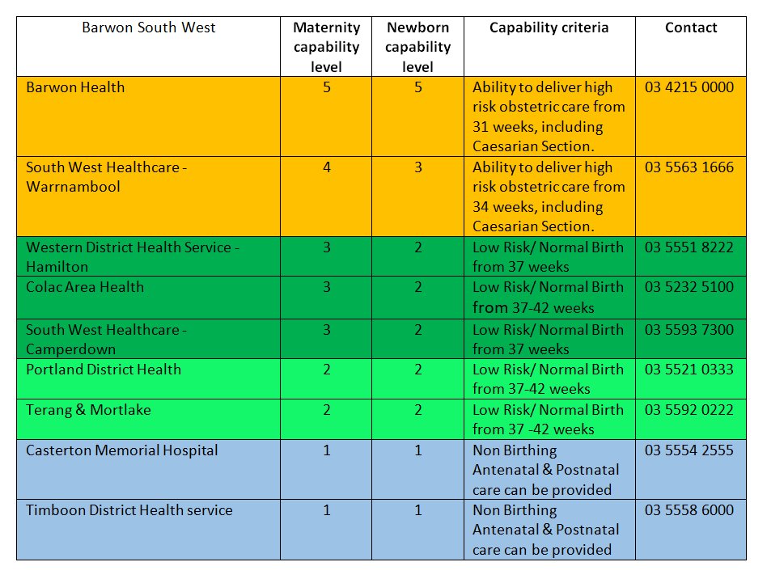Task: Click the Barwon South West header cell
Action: click(x=148, y=27)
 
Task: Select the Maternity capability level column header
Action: click(x=327, y=47)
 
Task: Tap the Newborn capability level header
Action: click(x=417, y=47)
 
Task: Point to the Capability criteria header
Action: click(x=549, y=27)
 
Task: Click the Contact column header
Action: click(x=691, y=27)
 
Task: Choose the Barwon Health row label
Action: click(x=75, y=87)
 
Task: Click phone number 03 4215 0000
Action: click(x=689, y=87)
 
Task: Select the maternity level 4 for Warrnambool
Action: click(x=327, y=167)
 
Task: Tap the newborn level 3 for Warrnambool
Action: click(x=418, y=167)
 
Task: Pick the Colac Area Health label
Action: click(x=85, y=287)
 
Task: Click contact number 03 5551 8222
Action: click(x=689, y=247)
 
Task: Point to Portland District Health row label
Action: click(x=104, y=370)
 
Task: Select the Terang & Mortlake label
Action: click(x=88, y=410)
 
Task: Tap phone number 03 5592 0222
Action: click(x=689, y=410)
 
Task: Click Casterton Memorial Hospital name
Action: click(x=121, y=450)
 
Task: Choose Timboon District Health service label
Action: click(x=129, y=510)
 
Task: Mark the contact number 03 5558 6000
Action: click(x=689, y=510)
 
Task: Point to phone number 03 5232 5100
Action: click(x=689, y=287)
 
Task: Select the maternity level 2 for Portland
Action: click(x=327, y=370)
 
